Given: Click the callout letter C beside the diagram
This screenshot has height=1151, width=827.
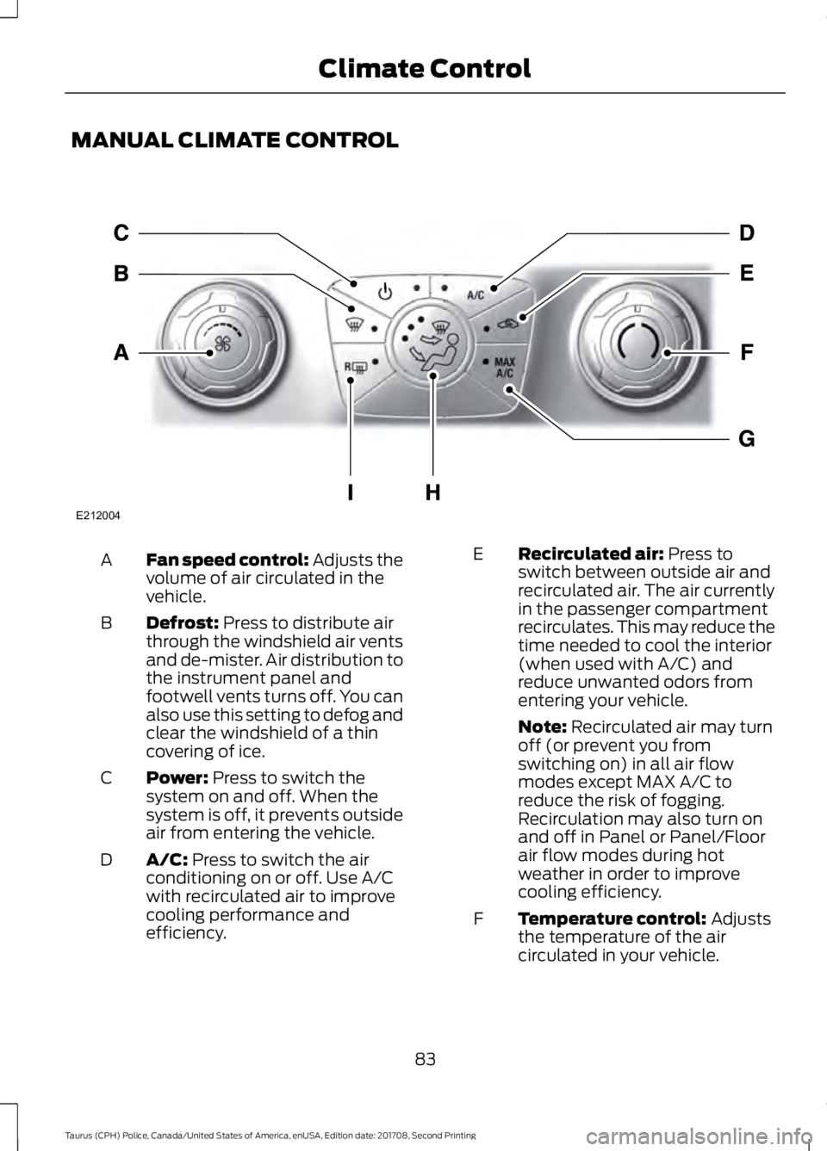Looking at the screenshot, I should (x=121, y=232).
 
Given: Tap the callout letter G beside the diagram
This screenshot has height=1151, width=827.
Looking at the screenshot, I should (x=746, y=440).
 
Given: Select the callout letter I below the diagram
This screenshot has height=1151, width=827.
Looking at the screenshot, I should (x=351, y=492).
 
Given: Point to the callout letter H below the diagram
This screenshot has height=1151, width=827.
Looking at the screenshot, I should (x=432, y=492).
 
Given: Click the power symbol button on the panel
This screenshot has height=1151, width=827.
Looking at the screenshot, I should (x=385, y=289).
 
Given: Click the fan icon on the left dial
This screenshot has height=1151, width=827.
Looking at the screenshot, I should (x=223, y=345).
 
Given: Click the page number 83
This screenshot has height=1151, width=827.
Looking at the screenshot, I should (x=425, y=1058).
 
